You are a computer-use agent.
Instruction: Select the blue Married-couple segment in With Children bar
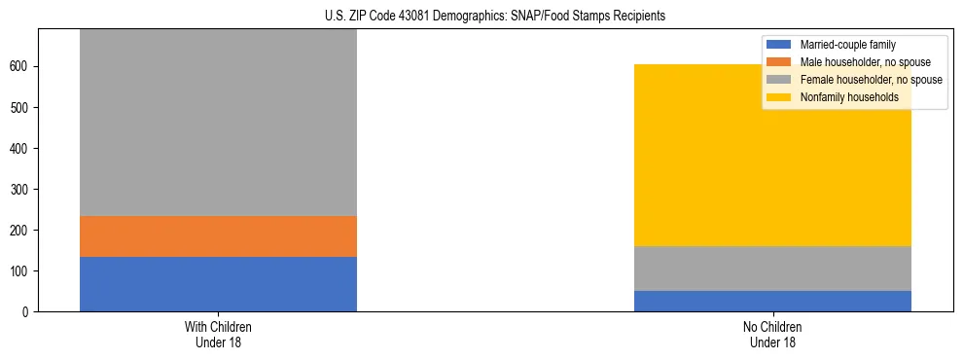(218, 283)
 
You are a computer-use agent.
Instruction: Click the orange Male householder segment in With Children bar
(218, 236)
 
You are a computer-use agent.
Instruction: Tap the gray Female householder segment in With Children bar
(218, 123)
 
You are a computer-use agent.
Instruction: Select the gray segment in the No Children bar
(772, 269)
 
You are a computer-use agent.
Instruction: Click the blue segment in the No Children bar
(772, 301)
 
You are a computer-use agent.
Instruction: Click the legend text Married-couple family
(847, 45)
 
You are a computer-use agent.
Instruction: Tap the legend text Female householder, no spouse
(871, 80)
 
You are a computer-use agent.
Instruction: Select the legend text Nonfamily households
(849, 97)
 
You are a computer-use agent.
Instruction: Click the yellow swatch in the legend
(779, 97)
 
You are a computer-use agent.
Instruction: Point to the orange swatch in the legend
(779, 62)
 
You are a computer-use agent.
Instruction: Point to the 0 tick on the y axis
(27, 311)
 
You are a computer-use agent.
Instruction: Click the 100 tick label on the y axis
(21, 270)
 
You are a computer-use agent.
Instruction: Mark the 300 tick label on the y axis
(21, 189)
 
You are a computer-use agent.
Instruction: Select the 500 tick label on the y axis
(21, 107)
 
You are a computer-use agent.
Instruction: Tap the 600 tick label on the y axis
(21, 66)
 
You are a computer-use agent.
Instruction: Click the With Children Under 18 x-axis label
(218, 335)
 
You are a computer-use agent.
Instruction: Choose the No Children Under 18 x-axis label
(772, 335)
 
